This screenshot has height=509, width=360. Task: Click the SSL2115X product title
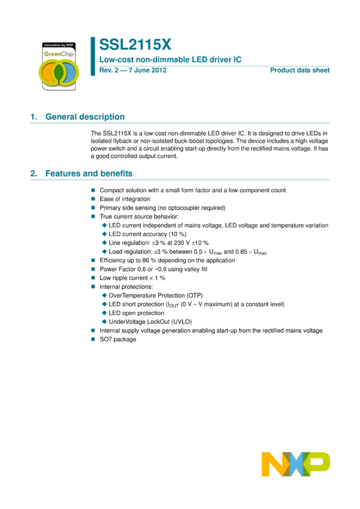coord(135,45)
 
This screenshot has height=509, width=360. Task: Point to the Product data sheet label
coord(300,71)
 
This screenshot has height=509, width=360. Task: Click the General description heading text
coord(85,117)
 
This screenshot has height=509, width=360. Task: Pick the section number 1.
coord(33,117)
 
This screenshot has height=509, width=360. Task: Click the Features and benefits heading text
coord(89,174)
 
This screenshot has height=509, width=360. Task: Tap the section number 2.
coord(33,174)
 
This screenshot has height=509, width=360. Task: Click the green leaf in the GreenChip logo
coord(59,72)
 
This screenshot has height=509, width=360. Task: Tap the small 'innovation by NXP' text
coord(59,45)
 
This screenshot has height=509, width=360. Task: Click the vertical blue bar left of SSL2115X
coord(93,56)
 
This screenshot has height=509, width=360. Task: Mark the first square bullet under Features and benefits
coord(93,190)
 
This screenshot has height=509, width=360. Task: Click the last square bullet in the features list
coord(93,340)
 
